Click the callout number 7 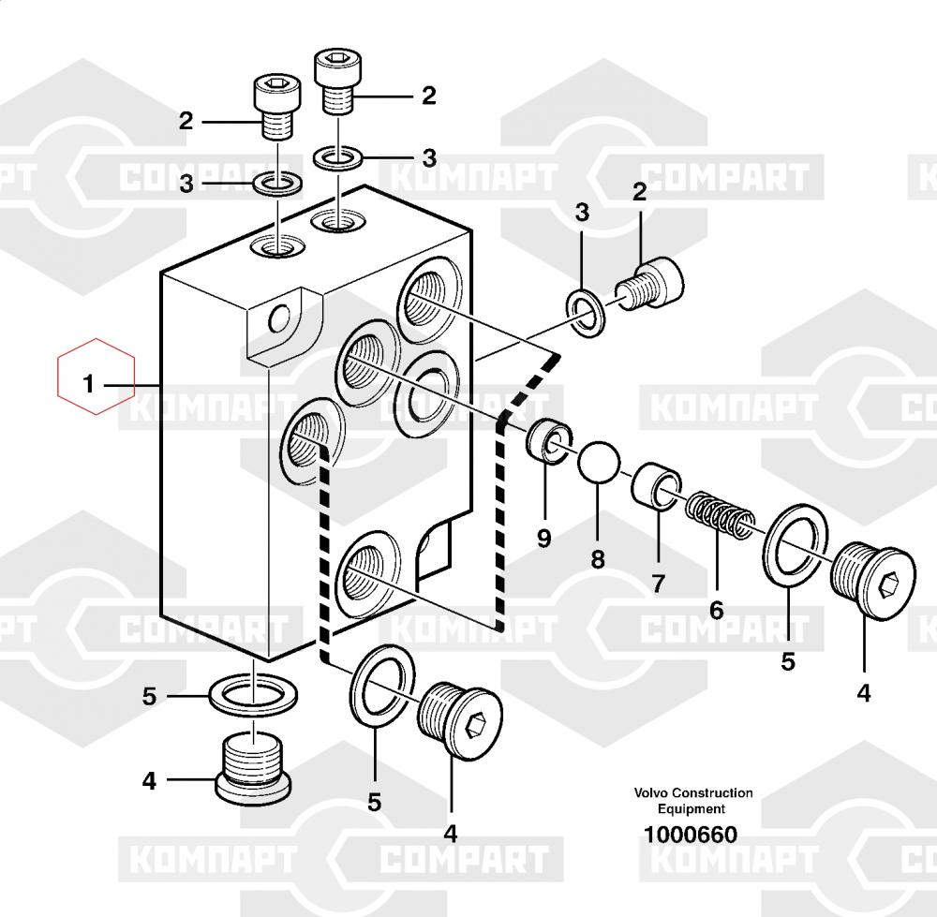[658, 584]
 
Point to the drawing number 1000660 [690, 835]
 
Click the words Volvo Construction [692, 793]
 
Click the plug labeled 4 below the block [252, 767]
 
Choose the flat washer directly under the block [252, 691]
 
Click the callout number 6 [716, 611]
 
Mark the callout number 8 [598, 560]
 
